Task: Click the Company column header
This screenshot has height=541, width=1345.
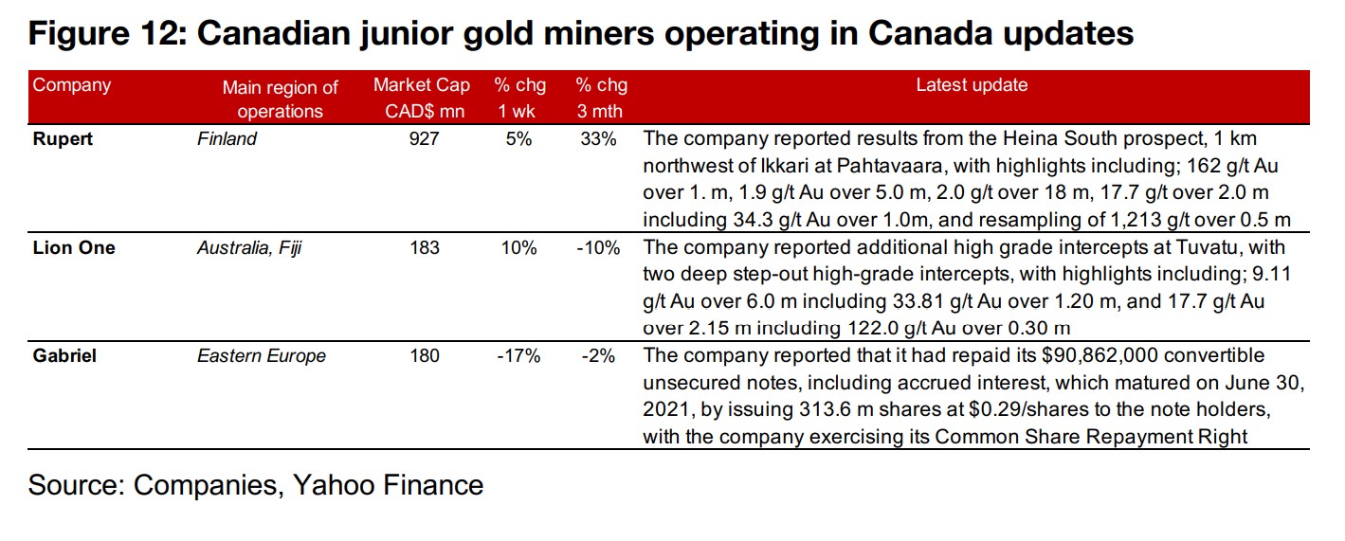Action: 72,85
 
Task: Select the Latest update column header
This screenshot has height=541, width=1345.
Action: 972,85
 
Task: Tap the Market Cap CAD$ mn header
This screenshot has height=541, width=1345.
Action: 421,98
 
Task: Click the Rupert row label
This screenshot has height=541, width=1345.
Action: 63,139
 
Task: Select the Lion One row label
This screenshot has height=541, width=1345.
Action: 74,248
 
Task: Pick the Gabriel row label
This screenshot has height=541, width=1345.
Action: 65,356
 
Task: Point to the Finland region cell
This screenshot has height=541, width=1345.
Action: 227,139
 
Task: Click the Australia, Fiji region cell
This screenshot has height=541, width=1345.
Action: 249,248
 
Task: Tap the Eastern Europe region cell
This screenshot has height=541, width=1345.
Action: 262,356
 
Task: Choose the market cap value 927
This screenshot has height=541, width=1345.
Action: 425,139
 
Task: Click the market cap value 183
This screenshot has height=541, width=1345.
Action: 425,248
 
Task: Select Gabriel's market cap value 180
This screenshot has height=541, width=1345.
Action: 425,356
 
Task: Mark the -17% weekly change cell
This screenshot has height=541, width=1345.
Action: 519,356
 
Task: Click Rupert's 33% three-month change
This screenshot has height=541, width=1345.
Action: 599,139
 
